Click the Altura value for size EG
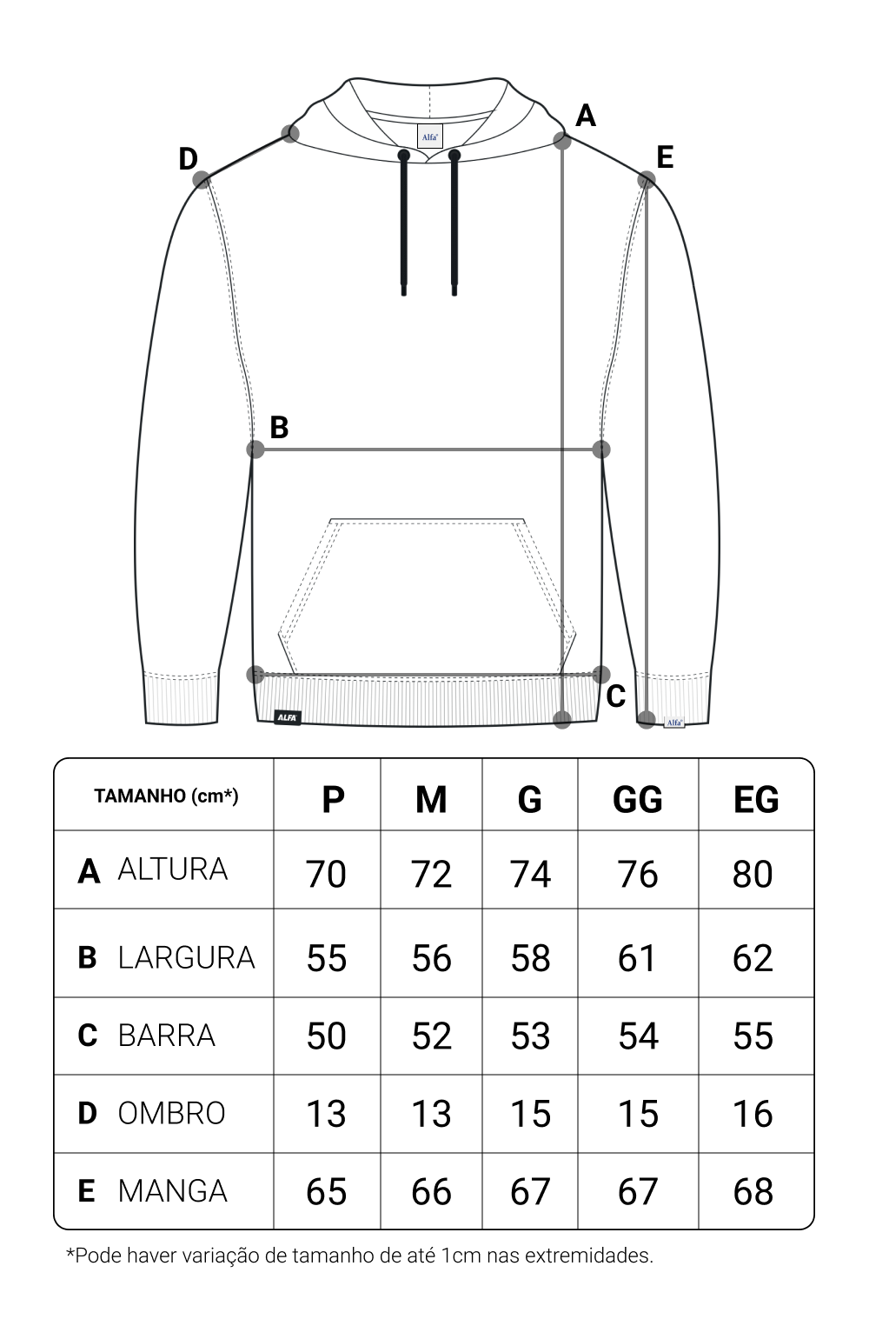click(x=753, y=874)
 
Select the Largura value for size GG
click(x=637, y=958)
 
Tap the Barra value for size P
click(x=326, y=1036)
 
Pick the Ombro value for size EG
click(x=753, y=1114)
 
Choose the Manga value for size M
click(x=431, y=1191)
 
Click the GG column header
click(x=637, y=798)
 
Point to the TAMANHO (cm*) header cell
click(x=166, y=796)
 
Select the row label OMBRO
click(x=171, y=1113)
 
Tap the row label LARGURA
click(x=186, y=957)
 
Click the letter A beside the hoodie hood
click(x=586, y=116)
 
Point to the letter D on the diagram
click(x=188, y=159)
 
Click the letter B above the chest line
click(x=279, y=428)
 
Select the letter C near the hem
click(x=616, y=696)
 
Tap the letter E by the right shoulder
click(x=665, y=157)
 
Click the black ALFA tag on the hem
click(x=288, y=717)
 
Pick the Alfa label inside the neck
click(x=429, y=137)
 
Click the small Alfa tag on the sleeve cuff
click(x=674, y=722)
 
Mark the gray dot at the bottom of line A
click(x=562, y=719)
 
